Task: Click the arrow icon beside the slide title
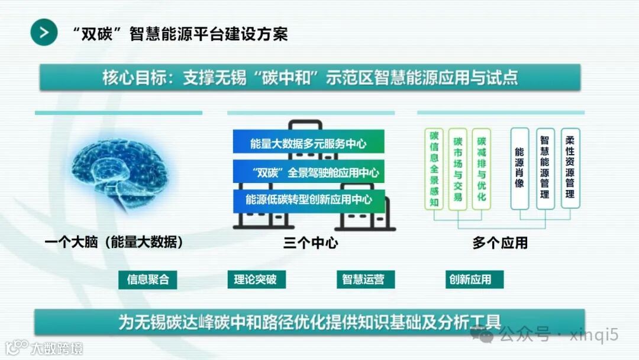44,32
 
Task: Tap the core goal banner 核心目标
310,78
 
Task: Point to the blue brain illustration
118,172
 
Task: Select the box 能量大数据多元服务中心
308,144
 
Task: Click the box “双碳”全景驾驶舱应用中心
308,172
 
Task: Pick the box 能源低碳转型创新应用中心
308,200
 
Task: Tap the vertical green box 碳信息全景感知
434,169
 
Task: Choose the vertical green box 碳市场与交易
457,169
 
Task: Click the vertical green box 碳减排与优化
482,169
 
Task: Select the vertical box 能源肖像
519,169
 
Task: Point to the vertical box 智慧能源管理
545,169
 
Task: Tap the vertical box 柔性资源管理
570,169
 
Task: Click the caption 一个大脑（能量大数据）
114,242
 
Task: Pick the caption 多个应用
500,243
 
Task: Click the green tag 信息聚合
148,279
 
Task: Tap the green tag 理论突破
256,279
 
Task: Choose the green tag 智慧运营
364,279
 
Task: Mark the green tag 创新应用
472,279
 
